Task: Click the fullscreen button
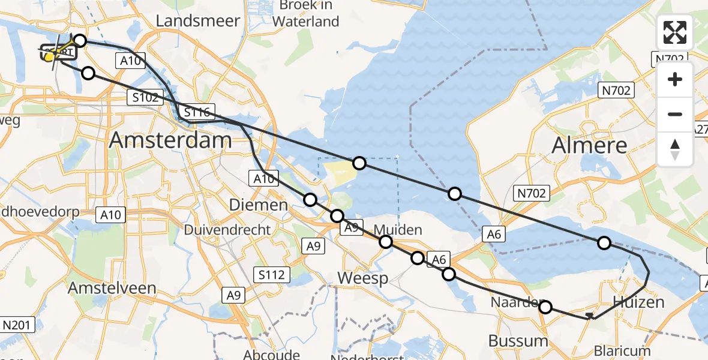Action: (675, 32)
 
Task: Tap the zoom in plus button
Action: (675, 80)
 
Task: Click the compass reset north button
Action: (675, 149)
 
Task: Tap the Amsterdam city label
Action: (170, 140)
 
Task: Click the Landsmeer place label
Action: (198, 21)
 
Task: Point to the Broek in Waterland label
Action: (305, 13)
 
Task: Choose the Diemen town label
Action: (259, 205)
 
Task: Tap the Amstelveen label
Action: (112, 288)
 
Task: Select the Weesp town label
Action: (362, 278)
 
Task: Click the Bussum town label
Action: (518, 341)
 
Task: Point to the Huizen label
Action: (638, 302)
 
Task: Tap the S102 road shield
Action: (146, 97)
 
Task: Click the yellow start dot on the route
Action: (49, 57)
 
